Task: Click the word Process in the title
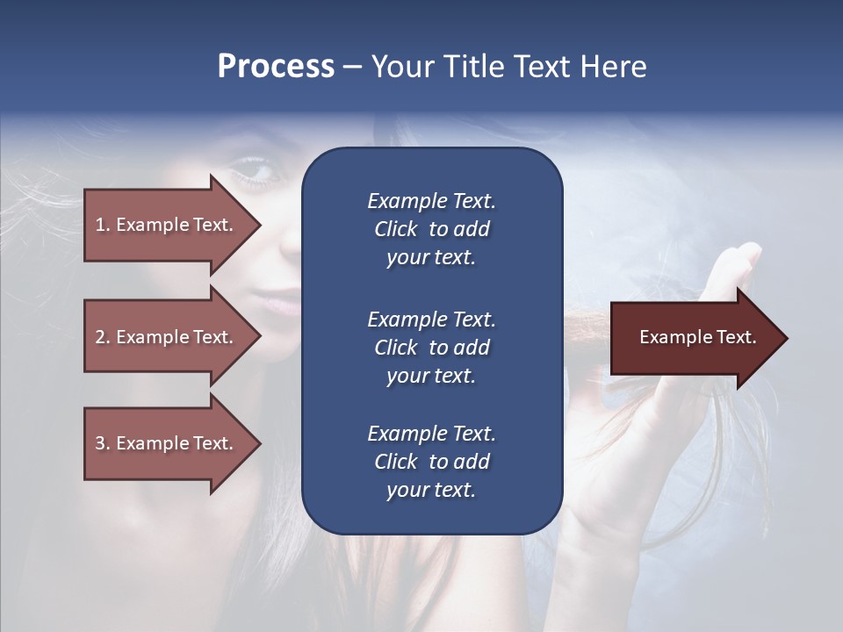276,67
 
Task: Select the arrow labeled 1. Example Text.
167,225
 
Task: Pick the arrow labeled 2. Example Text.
167,337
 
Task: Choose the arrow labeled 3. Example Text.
167,443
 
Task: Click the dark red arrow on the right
694,338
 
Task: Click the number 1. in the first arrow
103,225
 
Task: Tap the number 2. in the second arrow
103,337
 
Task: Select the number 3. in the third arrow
103,443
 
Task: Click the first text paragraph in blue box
431,229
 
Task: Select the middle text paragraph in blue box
431,348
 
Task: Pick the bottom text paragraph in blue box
431,462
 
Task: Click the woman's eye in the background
254,171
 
